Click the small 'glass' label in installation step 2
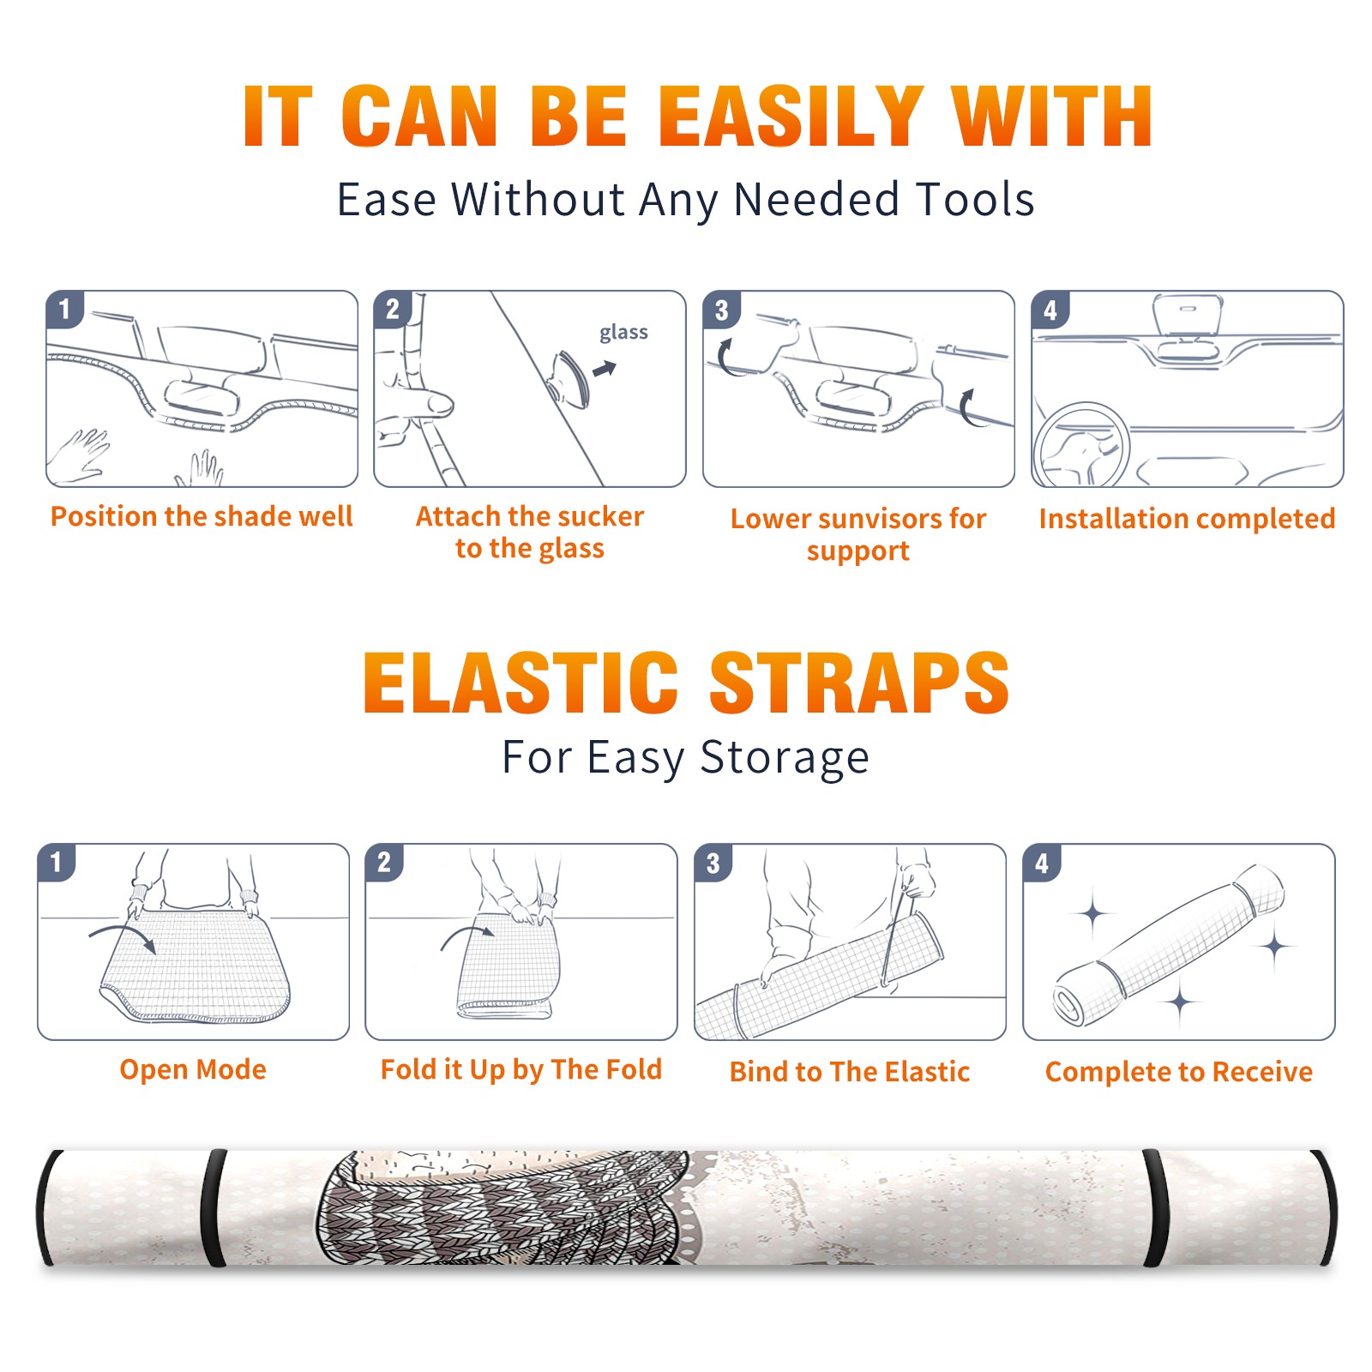[x=623, y=333]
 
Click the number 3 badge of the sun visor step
[x=720, y=310]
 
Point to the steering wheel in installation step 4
[x=1082, y=446]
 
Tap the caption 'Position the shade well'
[x=202, y=516]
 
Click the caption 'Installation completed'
[x=1187, y=519]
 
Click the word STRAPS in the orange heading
[x=859, y=683]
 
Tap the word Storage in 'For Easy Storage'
[x=785, y=758]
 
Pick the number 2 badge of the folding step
[x=384, y=862]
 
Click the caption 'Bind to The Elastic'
[x=850, y=1072]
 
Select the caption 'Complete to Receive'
[x=1179, y=1072]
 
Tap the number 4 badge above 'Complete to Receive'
[x=1042, y=863]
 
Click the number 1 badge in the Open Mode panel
[x=57, y=862]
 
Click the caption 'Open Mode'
[x=193, y=1070]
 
